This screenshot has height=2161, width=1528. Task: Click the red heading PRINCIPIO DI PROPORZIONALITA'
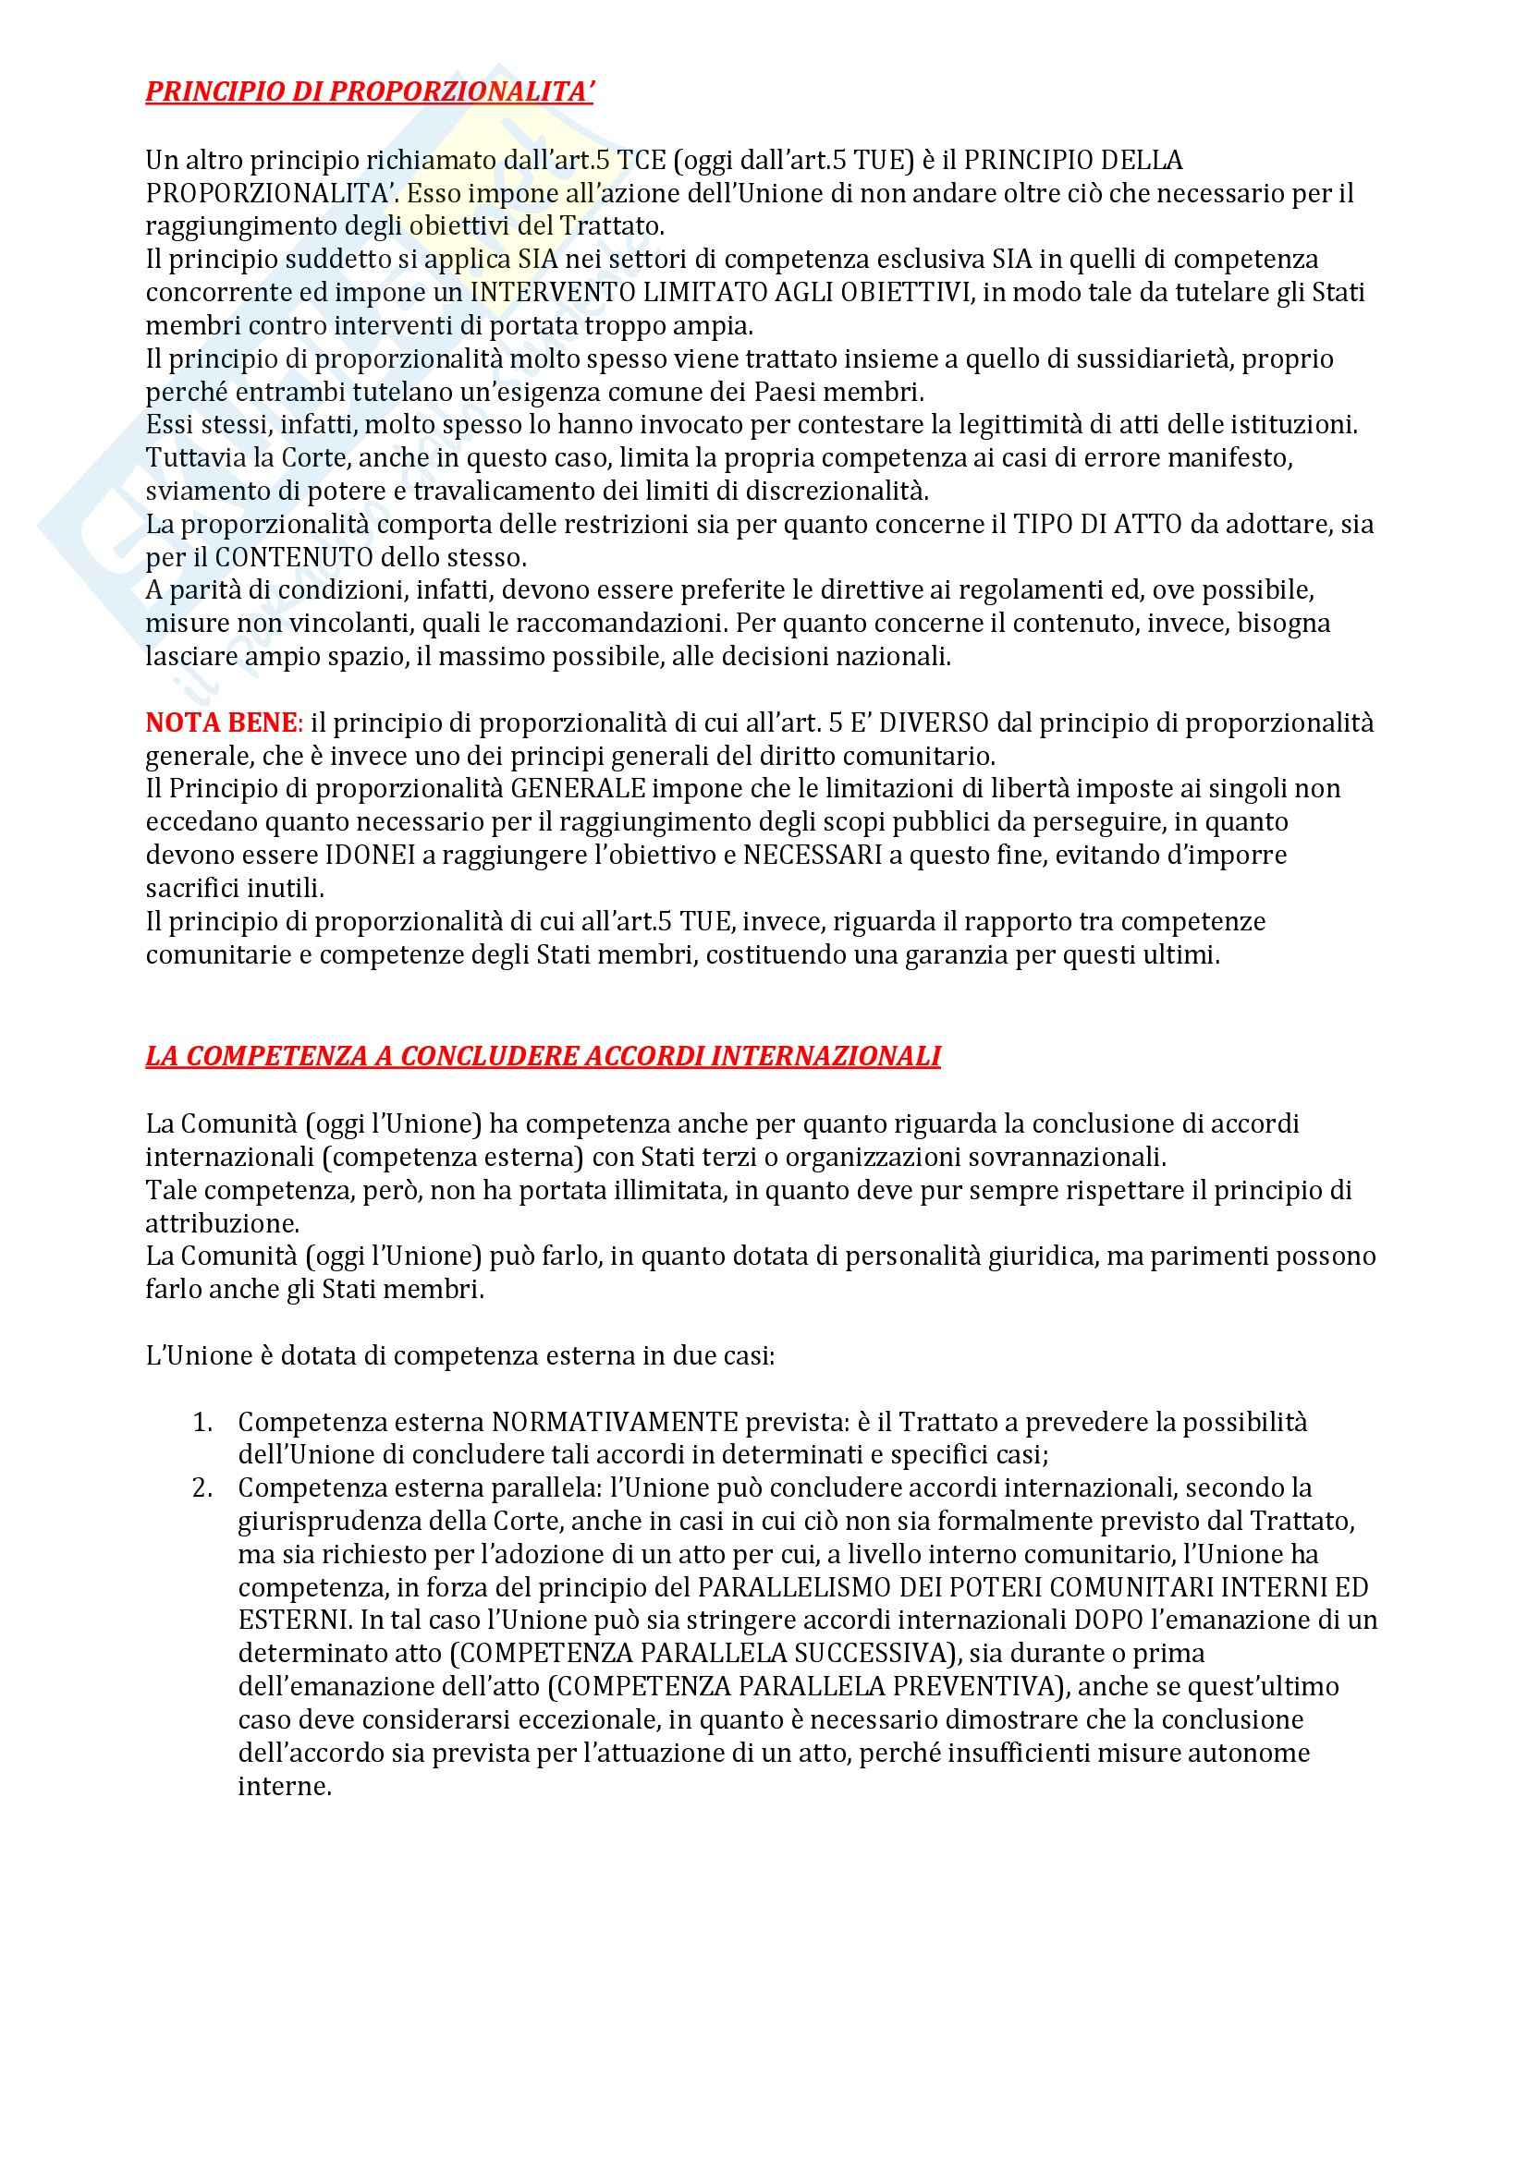tap(369, 94)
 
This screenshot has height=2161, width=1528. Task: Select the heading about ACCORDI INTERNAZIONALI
tap(544, 1056)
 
